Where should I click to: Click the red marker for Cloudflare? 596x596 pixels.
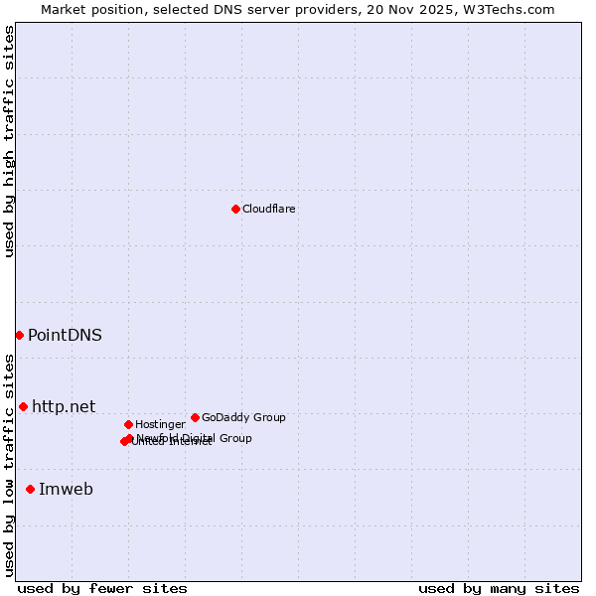(x=235, y=209)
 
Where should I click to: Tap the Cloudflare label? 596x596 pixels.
(x=268, y=209)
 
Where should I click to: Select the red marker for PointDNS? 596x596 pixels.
(x=19, y=335)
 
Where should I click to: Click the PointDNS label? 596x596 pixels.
(x=65, y=335)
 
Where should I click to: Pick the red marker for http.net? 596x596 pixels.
(x=23, y=406)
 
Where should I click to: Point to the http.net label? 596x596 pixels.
(x=64, y=406)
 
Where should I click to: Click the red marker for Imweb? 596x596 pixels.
(x=30, y=489)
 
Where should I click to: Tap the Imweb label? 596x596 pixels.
(x=66, y=489)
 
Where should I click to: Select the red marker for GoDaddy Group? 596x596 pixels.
(x=195, y=417)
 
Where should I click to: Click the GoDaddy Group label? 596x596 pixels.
(x=243, y=417)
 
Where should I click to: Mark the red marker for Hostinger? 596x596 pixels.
(x=128, y=424)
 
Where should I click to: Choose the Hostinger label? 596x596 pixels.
(x=160, y=424)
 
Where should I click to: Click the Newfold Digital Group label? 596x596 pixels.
(x=195, y=438)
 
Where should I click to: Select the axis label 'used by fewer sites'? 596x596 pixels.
(x=102, y=588)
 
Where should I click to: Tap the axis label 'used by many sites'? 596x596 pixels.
(x=499, y=588)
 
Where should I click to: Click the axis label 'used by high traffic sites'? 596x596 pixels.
(x=9, y=141)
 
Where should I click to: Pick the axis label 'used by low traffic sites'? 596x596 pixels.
(x=9, y=465)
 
